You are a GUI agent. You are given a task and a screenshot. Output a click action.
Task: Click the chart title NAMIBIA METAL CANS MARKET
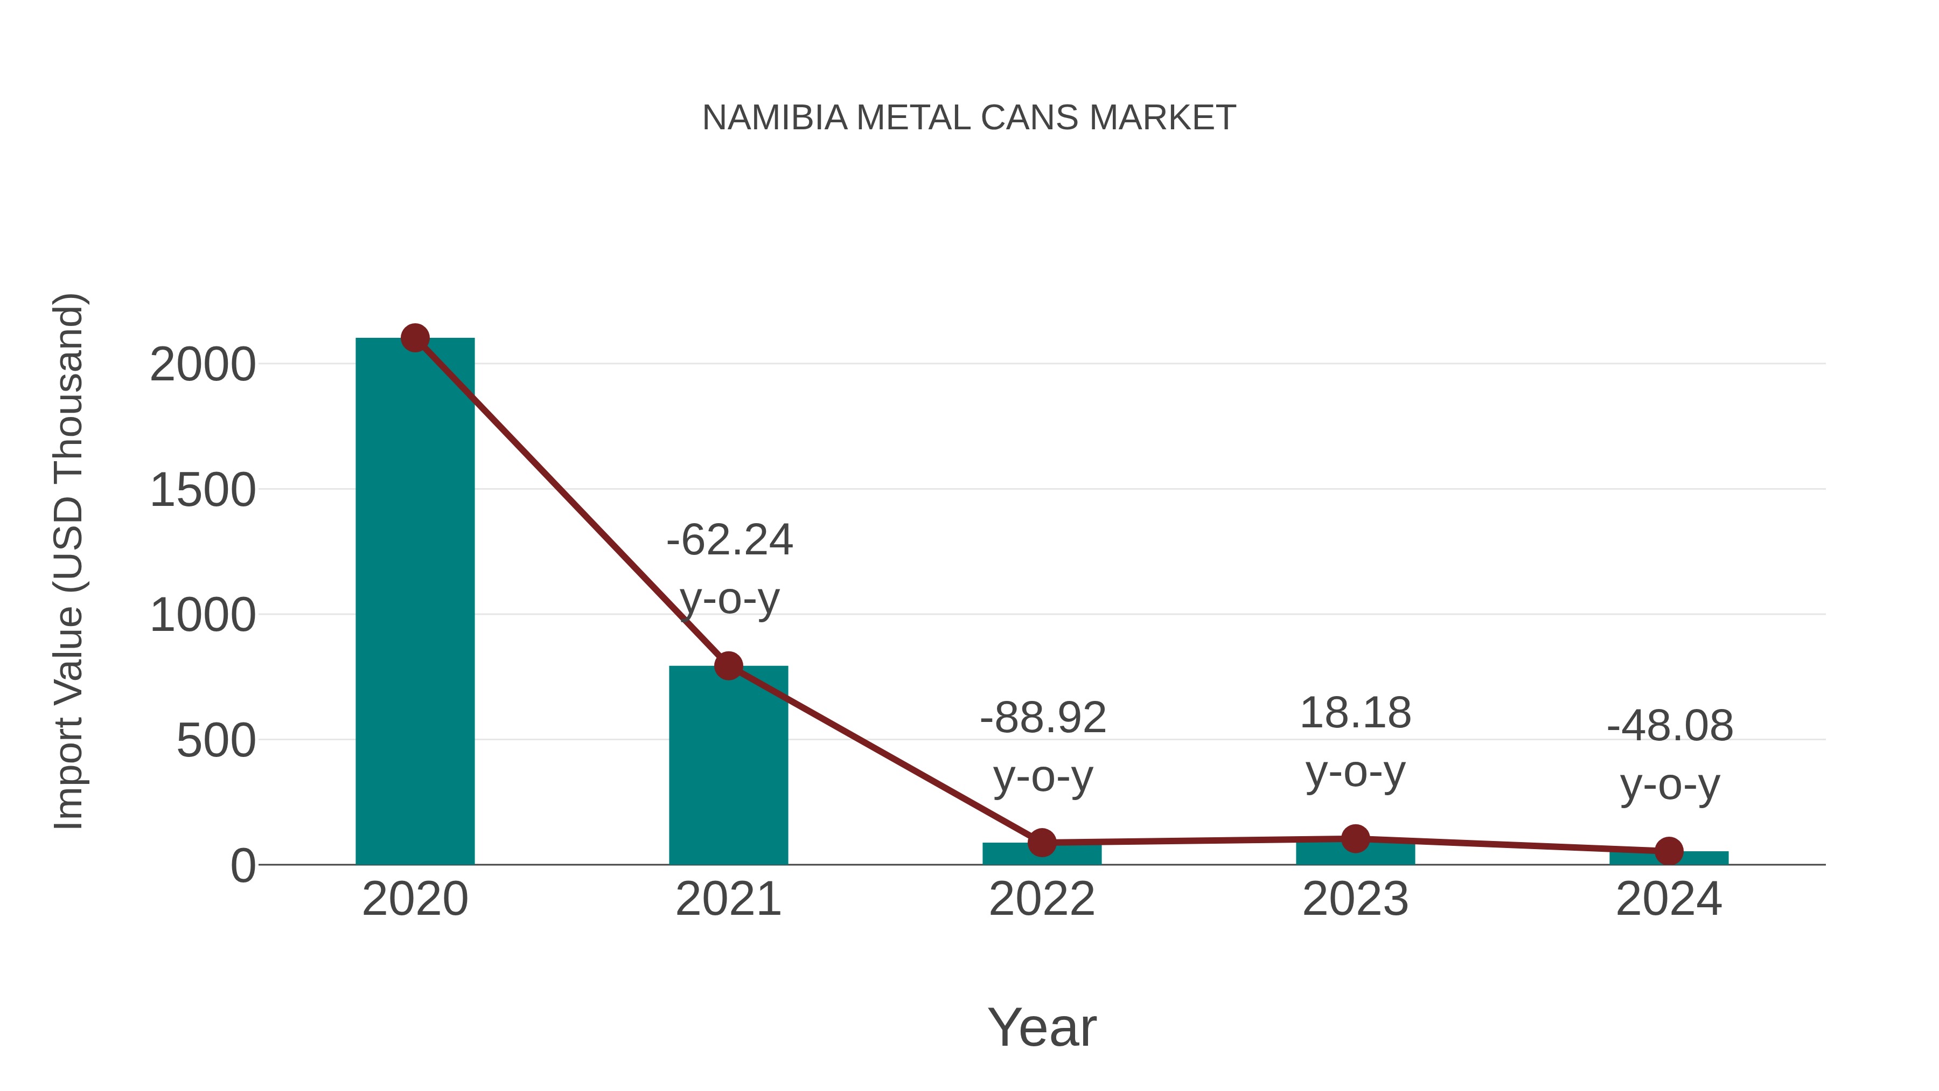tap(969, 118)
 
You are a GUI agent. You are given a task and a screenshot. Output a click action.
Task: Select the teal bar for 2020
tap(415, 602)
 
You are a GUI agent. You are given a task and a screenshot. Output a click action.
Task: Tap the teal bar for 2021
tap(728, 768)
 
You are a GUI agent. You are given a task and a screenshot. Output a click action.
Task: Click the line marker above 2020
tap(415, 338)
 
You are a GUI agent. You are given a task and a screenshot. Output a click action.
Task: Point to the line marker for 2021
tap(728, 665)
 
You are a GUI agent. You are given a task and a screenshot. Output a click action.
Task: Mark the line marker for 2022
tap(1042, 843)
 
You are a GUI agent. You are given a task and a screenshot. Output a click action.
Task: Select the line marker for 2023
tap(1355, 838)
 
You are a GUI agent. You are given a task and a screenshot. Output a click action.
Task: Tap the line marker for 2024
tap(1669, 851)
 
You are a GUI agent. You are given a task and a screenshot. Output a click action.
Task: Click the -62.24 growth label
tap(729, 540)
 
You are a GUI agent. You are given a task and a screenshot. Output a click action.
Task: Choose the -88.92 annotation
tap(1043, 718)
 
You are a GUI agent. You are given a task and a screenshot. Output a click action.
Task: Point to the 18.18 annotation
tap(1355, 713)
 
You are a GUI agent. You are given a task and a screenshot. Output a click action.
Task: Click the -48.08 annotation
tap(1670, 727)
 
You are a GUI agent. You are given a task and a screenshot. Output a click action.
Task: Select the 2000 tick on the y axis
tap(203, 366)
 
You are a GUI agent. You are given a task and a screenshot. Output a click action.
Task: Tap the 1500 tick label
tap(203, 491)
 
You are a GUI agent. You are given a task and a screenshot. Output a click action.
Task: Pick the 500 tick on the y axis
tap(215, 742)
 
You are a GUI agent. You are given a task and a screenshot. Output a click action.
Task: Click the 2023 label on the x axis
tap(1355, 900)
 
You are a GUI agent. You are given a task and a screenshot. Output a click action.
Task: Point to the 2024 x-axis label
tap(1669, 900)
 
